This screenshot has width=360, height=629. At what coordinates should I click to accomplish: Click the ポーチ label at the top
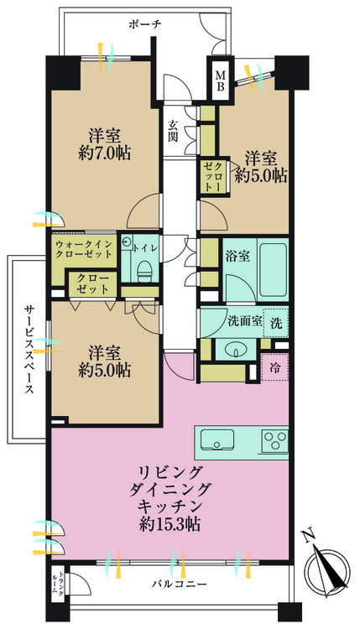(x=145, y=24)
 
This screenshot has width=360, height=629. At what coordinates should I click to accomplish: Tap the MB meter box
(x=221, y=81)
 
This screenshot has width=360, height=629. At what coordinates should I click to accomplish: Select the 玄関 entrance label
(x=173, y=131)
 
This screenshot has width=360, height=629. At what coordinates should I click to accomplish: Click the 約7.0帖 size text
(x=105, y=153)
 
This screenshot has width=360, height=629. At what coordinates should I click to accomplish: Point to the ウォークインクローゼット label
(x=84, y=249)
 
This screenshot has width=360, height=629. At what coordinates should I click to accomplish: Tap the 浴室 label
(x=237, y=257)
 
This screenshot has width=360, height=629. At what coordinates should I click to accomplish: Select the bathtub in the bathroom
(x=272, y=269)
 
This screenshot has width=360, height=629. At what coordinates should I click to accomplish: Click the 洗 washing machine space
(x=276, y=323)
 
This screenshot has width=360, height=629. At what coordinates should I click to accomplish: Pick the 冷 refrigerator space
(x=275, y=368)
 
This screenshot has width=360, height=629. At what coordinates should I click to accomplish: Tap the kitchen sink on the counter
(x=217, y=440)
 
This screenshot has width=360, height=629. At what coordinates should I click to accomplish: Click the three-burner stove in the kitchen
(x=275, y=440)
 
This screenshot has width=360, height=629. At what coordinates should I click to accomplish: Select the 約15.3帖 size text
(x=170, y=524)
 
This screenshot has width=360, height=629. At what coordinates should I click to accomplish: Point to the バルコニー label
(x=179, y=583)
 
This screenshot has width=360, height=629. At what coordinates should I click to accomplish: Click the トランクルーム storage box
(x=57, y=584)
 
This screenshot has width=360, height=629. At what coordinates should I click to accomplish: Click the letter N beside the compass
(x=309, y=536)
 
